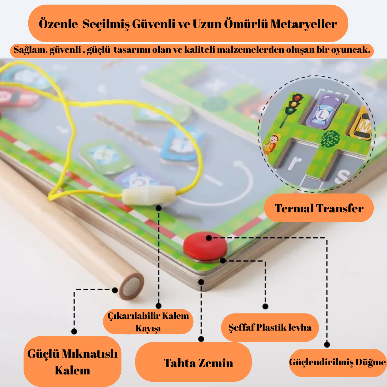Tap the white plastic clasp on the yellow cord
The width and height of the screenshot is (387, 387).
tap(149, 196)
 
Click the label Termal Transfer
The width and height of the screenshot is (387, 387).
tap(319, 208)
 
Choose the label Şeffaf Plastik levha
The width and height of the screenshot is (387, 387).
tap(270, 327)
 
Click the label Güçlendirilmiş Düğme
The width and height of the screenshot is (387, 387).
tap(337, 362)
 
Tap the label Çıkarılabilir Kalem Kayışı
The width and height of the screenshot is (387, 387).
tap(148, 322)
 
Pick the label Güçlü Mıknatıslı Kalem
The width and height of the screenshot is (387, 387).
tap(72, 362)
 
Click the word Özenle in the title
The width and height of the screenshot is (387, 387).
tap(58, 24)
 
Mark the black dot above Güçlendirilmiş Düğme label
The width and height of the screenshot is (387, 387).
tap(327, 344)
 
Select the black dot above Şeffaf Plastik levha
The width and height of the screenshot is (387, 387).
tap(265, 306)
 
